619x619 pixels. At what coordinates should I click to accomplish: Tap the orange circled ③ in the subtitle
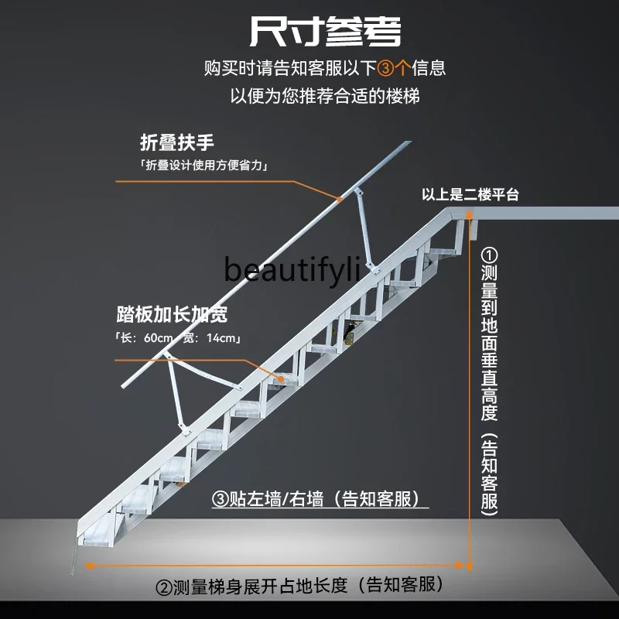click(385, 68)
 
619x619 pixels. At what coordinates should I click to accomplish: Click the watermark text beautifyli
click(292, 270)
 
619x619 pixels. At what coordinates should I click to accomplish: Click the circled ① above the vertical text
click(489, 255)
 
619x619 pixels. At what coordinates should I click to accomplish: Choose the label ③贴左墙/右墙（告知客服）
click(320, 499)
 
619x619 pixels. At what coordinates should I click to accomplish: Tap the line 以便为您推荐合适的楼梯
click(325, 97)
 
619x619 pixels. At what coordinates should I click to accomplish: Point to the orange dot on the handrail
click(340, 199)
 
